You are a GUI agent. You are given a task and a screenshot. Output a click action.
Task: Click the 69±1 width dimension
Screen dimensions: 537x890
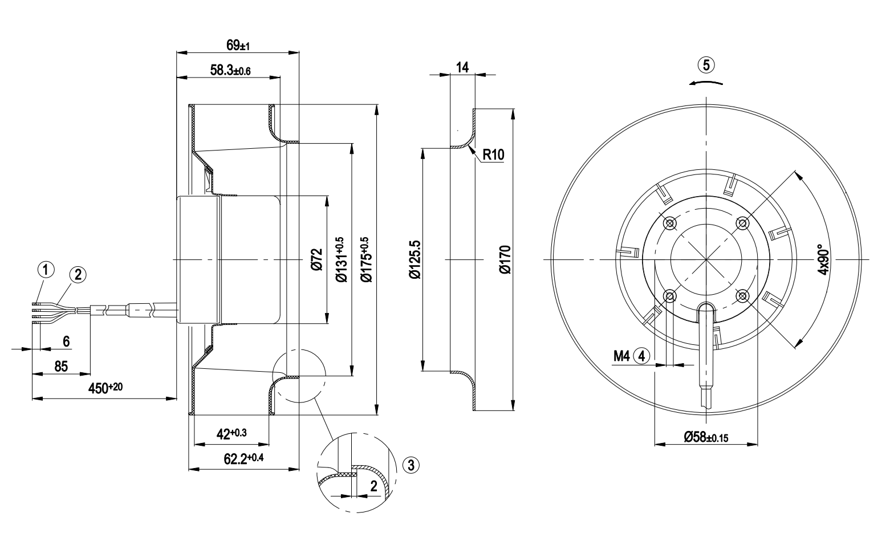237,44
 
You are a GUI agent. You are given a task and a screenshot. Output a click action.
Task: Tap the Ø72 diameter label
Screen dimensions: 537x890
316,260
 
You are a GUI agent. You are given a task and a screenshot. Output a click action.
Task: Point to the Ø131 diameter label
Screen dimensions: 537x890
340,260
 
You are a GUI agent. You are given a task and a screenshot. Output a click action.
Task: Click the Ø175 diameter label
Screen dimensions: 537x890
364,260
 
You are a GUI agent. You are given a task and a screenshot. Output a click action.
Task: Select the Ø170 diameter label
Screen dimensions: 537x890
505,260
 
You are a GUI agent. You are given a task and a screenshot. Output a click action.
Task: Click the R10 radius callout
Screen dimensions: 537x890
494,154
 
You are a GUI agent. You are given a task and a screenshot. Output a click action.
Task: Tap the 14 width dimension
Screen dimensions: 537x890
462,67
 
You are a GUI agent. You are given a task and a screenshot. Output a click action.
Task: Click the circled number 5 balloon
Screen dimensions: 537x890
706,65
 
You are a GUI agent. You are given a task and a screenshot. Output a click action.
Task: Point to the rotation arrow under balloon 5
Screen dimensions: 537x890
706,82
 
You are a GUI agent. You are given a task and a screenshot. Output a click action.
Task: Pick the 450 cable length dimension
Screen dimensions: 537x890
105,388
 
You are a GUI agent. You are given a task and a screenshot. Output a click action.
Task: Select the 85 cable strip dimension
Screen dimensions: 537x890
62,366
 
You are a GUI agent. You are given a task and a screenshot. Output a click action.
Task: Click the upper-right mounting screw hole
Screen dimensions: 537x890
742,223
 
